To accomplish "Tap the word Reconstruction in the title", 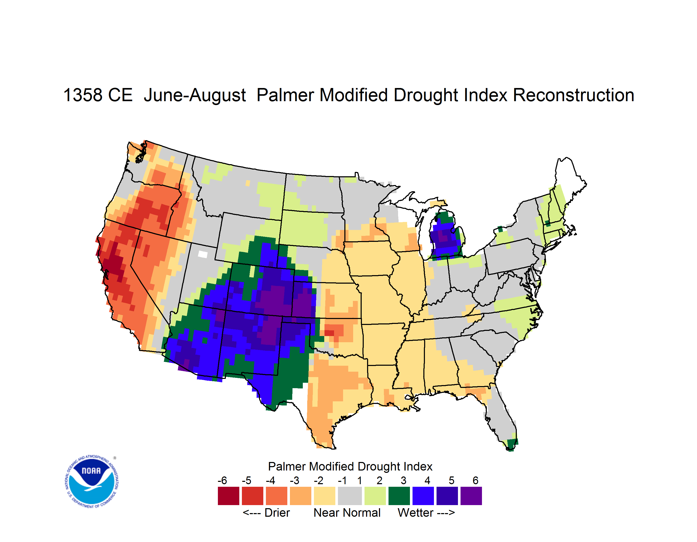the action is click(573, 95).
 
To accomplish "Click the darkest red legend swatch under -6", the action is click(228, 496).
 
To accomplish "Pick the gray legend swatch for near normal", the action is click(350, 496).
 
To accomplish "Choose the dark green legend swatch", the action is click(399, 496).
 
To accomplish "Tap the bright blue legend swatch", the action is click(423, 496).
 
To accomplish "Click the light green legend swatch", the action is click(375, 496).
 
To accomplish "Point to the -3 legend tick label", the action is click(294, 480).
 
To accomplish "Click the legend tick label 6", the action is click(476, 480).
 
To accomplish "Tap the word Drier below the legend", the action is click(277, 513).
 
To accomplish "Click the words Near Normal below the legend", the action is click(347, 513).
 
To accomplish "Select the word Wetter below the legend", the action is click(416, 513).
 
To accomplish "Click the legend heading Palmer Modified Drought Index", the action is click(350, 466).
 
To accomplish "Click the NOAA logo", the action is click(91, 482).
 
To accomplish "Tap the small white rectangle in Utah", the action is click(203, 254).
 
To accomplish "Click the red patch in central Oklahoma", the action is click(329, 333).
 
